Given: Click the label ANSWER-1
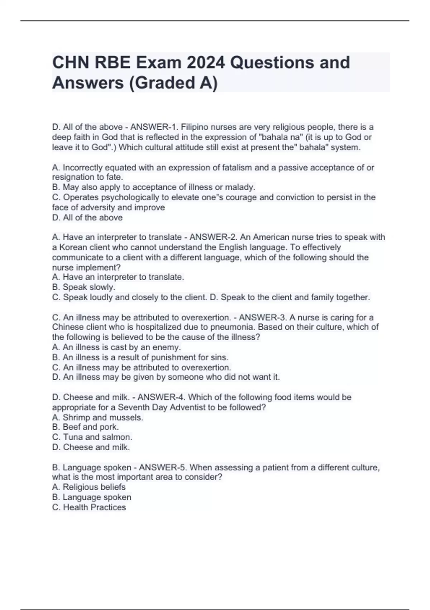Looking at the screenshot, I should tap(154, 127).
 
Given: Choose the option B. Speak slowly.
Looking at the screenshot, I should tap(83, 287).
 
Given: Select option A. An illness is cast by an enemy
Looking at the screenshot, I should tap(116, 347).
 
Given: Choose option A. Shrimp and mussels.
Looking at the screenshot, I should tap(97, 417).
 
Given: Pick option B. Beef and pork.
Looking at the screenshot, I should tap(85, 427).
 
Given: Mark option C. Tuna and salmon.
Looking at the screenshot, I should tap(92, 437).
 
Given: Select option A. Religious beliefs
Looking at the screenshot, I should tap(89, 487).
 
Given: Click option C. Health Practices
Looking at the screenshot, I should tap(89, 507).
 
